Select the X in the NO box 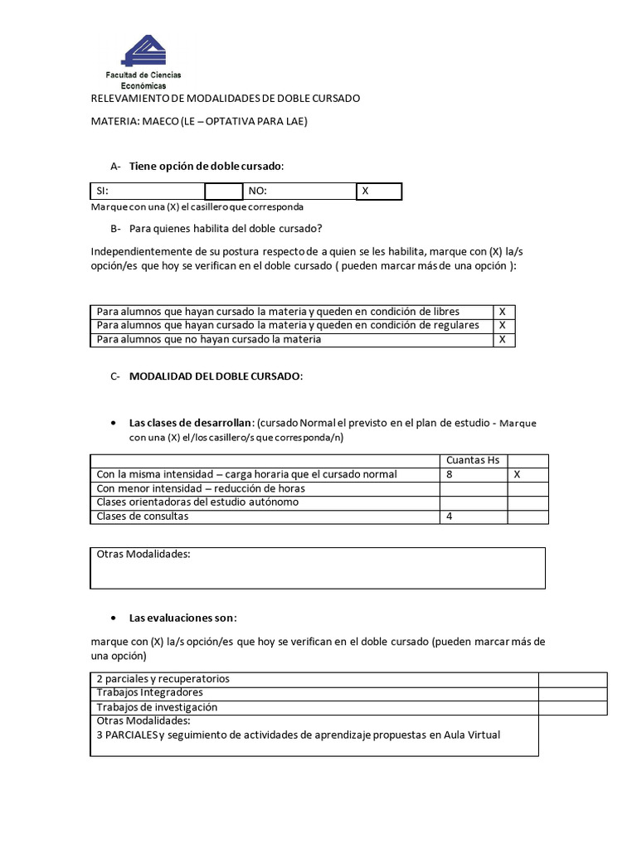click(x=365, y=191)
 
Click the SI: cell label click(x=102, y=191)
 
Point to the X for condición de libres click(x=502, y=311)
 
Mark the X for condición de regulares click(x=502, y=325)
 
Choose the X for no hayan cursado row click(x=502, y=339)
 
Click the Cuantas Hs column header click(x=472, y=460)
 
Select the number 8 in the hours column click(x=450, y=474)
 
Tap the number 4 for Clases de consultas click(x=450, y=517)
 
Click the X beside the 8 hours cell click(x=517, y=474)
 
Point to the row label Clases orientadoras click(x=197, y=502)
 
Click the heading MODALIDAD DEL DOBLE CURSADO click(x=216, y=376)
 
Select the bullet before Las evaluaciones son click(x=113, y=618)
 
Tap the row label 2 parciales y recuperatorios click(x=163, y=678)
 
